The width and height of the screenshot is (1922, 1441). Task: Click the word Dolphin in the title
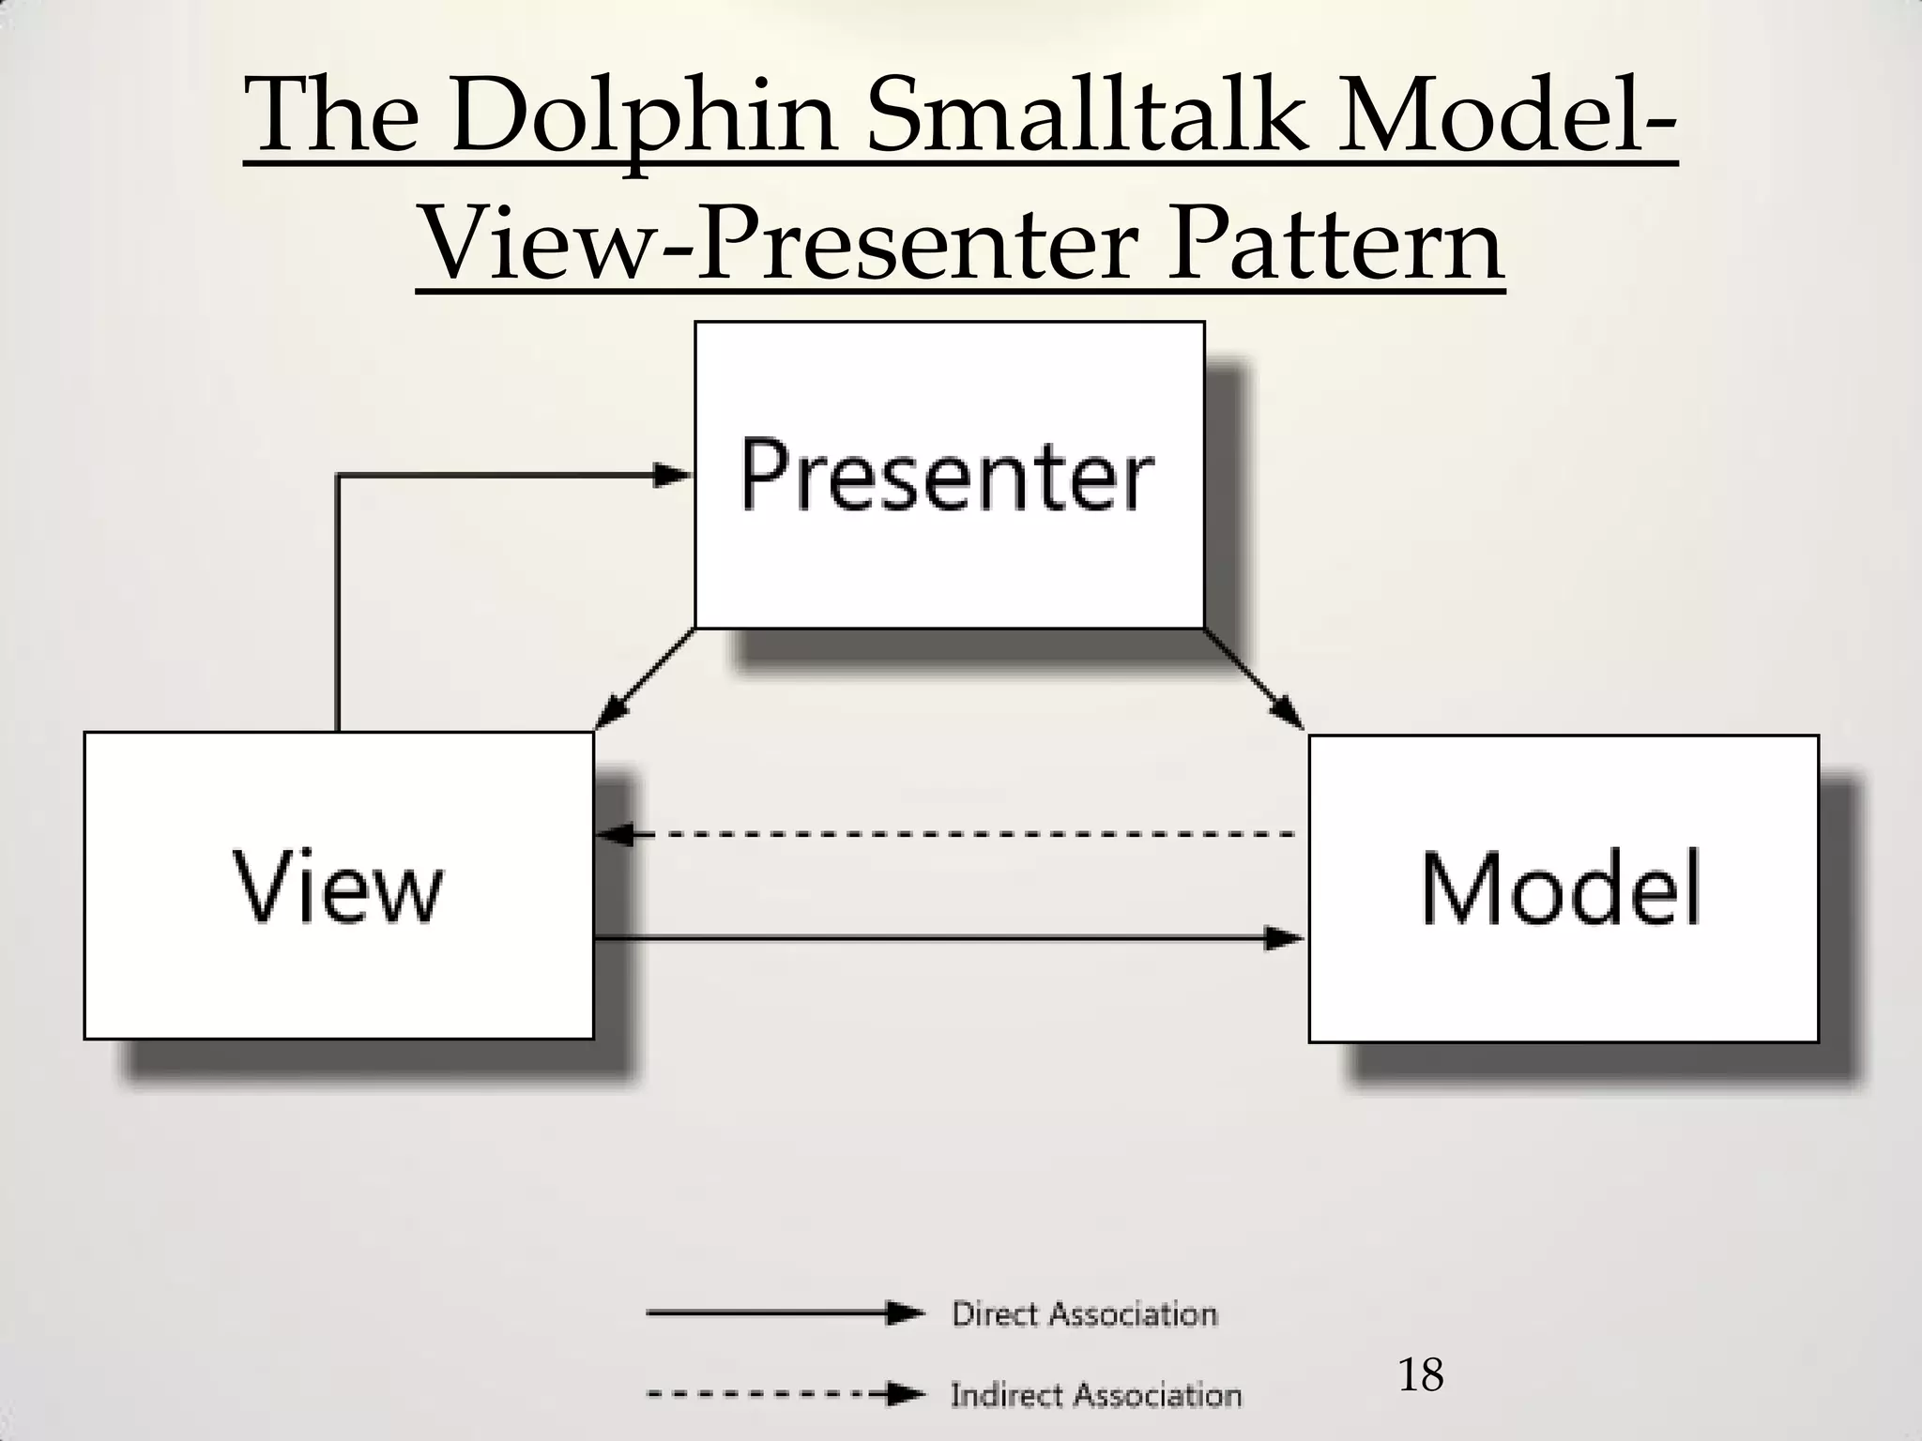(x=642, y=120)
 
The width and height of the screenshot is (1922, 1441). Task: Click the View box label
(x=338, y=887)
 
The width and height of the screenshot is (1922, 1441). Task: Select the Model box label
(x=1561, y=888)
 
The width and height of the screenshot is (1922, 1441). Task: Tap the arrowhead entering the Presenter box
(x=672, y=475)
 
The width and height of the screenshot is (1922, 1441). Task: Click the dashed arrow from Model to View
(x=948, y=833)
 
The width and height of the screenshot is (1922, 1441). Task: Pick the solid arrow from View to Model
(x=948, y=937)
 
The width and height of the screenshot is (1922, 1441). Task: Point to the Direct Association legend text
(x=1084, y=1314)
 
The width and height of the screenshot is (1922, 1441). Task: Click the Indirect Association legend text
(x=1095, y=1395)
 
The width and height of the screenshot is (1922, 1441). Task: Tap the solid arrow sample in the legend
(x=785, y=1313)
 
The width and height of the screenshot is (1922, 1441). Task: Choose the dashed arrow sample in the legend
(x=785, y=1395)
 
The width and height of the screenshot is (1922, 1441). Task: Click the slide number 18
(x=1421, y=1375)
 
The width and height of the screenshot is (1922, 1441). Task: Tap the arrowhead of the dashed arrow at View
(x=616, y=833)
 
